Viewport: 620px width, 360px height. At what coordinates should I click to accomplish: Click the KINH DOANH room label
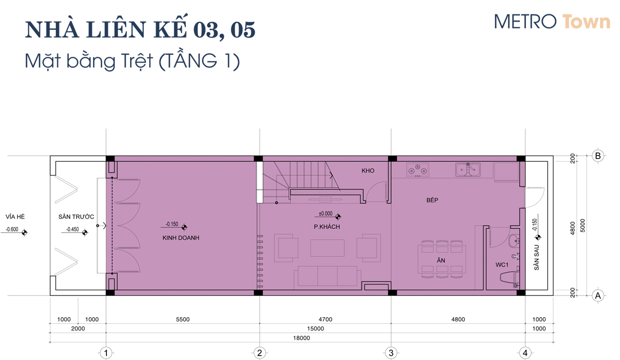[x=181, y=238]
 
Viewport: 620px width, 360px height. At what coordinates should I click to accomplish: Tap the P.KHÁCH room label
[x=327, y=227]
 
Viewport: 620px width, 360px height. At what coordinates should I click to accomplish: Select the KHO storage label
[x=368, y=171]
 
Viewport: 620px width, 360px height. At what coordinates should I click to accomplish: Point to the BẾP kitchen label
[x=432, y=200]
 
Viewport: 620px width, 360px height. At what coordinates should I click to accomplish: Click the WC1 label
[x=502, y=265]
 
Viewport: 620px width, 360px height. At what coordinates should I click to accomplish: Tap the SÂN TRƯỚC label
[x=76, y=216]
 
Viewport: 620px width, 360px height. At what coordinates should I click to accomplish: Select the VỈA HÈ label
[x=15, y=216]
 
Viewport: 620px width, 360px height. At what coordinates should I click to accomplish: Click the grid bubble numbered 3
[x=391, y=353]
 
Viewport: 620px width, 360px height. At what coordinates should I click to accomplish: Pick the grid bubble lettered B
[x=598, y=156]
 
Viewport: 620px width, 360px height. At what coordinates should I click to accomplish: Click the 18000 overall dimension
[x=301, y=338]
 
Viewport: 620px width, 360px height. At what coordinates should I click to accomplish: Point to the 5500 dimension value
[x=183, y=319]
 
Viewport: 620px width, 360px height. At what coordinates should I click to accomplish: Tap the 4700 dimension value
[x=325, y=319]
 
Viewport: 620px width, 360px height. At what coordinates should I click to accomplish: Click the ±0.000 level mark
[x=326, y=214]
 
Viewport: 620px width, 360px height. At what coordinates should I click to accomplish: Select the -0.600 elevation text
[x=12, y=229]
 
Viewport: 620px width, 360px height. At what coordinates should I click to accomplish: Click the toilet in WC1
[x=509, y=277]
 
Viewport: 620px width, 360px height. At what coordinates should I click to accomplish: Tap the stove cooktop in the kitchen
[x=417, y=170]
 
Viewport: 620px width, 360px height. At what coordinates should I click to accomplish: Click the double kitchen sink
[x=468, y=169]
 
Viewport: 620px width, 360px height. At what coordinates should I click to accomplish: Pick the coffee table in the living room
[x=328, y=248]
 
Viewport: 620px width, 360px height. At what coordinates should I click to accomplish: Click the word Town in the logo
[x=586, y=22]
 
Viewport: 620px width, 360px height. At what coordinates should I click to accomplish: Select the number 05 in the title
[x=243, y=30]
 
